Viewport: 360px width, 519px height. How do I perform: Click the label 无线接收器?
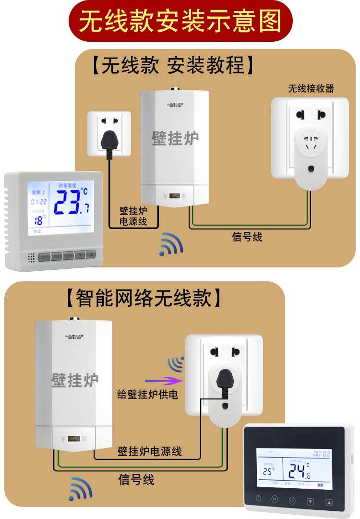click(x=311, y=88)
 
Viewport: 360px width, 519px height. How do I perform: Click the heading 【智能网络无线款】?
click(x=144, y=298)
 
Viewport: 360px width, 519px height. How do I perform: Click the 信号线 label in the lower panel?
click(x=136, y=479)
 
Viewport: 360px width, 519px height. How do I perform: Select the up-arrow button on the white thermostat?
click(x=91, y=255)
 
